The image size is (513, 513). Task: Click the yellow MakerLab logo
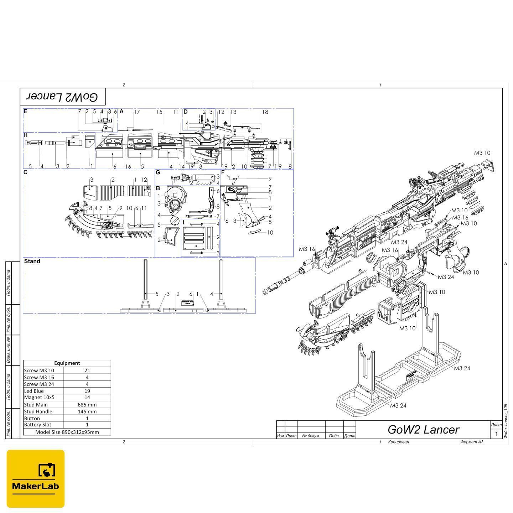click(36, 478)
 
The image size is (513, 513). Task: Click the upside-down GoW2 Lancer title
click(63, 97)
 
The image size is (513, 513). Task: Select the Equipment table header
click(67, 363)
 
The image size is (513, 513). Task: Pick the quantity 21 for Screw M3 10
click(87, 370)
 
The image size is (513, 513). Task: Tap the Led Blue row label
click(34, 391)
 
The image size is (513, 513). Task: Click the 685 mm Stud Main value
click(87, 404)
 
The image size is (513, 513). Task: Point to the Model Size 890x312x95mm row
click(67, 432)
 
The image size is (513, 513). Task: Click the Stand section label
click(32, 261)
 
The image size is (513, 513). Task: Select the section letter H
click(26, 135)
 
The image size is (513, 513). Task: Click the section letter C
click(26, 172)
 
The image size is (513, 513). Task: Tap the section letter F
click(223, 172)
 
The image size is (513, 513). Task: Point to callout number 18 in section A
click(265, 112)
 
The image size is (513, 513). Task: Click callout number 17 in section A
click(137, 112)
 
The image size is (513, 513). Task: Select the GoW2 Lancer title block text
click(423, 430)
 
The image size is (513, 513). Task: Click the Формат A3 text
click(472, 442)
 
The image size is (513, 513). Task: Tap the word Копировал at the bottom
click(398, 442)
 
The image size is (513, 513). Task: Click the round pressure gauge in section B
click(174, 204)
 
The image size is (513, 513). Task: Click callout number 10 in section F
click(270, 233)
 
